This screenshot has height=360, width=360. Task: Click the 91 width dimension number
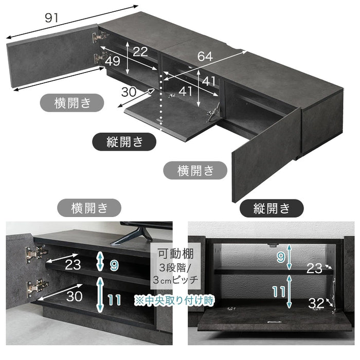click(x=51, y=18)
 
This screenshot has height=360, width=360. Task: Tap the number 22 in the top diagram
click(x=140, y=51)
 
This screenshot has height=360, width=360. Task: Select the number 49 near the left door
click(x=113, y=61)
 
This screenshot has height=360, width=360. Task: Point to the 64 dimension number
click(x=205, y=56)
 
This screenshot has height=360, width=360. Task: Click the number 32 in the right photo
click(x=316, y=303)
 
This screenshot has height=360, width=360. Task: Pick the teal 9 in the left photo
click(x=114, y=265)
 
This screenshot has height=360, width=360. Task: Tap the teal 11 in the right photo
click(x=279, y=292)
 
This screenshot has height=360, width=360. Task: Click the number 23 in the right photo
click(x=314, y=268)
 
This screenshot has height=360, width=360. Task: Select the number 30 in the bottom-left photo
click(x=74, y=296)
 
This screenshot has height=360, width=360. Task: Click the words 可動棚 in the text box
click(x=176, y=254)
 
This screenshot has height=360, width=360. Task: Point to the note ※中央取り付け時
click(x=174, y=300)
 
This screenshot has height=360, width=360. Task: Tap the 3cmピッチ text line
click(x=175, y=280)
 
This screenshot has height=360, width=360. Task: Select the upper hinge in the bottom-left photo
click(x=36, y=253)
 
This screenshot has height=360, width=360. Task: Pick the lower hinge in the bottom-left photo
click(x=38, y=286)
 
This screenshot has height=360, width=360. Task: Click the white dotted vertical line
click(x=161, y=100)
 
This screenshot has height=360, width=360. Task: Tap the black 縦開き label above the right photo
click(x=272, y=208)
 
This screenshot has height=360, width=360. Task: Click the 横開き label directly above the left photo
click(x=89, y=208)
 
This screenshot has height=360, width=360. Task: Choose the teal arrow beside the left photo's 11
click(x=100, y=295)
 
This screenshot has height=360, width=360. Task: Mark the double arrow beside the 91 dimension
click(x=72, y=22)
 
